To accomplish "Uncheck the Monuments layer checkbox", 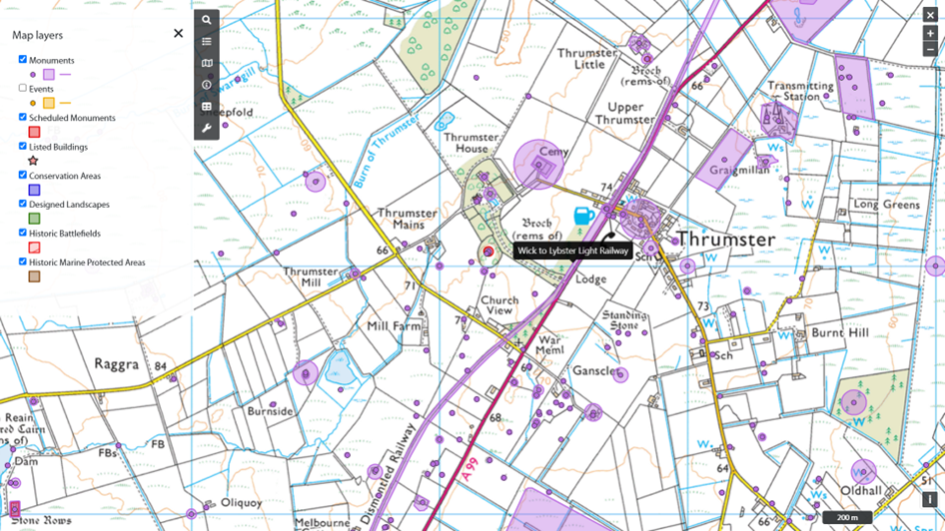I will (23, 60).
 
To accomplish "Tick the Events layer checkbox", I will (23, 89).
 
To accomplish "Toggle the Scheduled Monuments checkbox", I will (23, 118).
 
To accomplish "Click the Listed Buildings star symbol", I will (33, 161).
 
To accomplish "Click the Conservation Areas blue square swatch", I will (34, 190).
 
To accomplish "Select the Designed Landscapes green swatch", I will (34, 219).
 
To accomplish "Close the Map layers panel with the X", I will (178, 33).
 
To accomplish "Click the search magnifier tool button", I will (207, 20).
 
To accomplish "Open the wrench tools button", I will (207, 129).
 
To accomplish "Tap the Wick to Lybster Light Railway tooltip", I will (573, 252).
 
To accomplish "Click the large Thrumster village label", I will (725, 241).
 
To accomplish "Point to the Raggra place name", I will (117, 364).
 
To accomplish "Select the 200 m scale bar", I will (847, 518).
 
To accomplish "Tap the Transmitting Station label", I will (799, 92).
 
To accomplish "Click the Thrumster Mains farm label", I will (407, 219).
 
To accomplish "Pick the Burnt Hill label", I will (840, 332).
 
